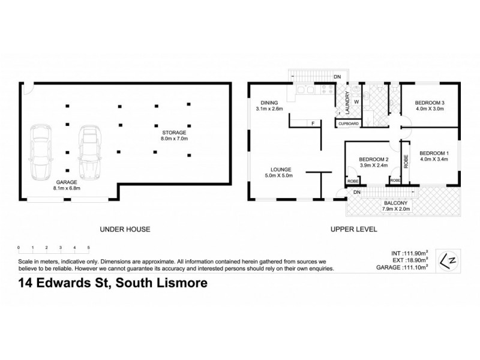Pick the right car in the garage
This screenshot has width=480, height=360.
[89, 153]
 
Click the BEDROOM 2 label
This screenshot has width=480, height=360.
[374, 158]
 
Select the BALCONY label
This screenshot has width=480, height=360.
[395, 203]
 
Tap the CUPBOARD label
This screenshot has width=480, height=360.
[349, 124]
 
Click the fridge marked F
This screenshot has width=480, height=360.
[313, 124]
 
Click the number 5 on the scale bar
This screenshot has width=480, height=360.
[88, 247]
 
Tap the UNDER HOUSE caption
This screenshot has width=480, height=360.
[125, 229]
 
